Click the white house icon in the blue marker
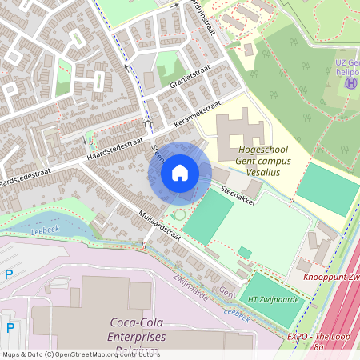click(x=180, y=173)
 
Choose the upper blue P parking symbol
click(x=9, y=274)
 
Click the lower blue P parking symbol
click(x=10, y=327)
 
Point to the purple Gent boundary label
click(x=228, y=293)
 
